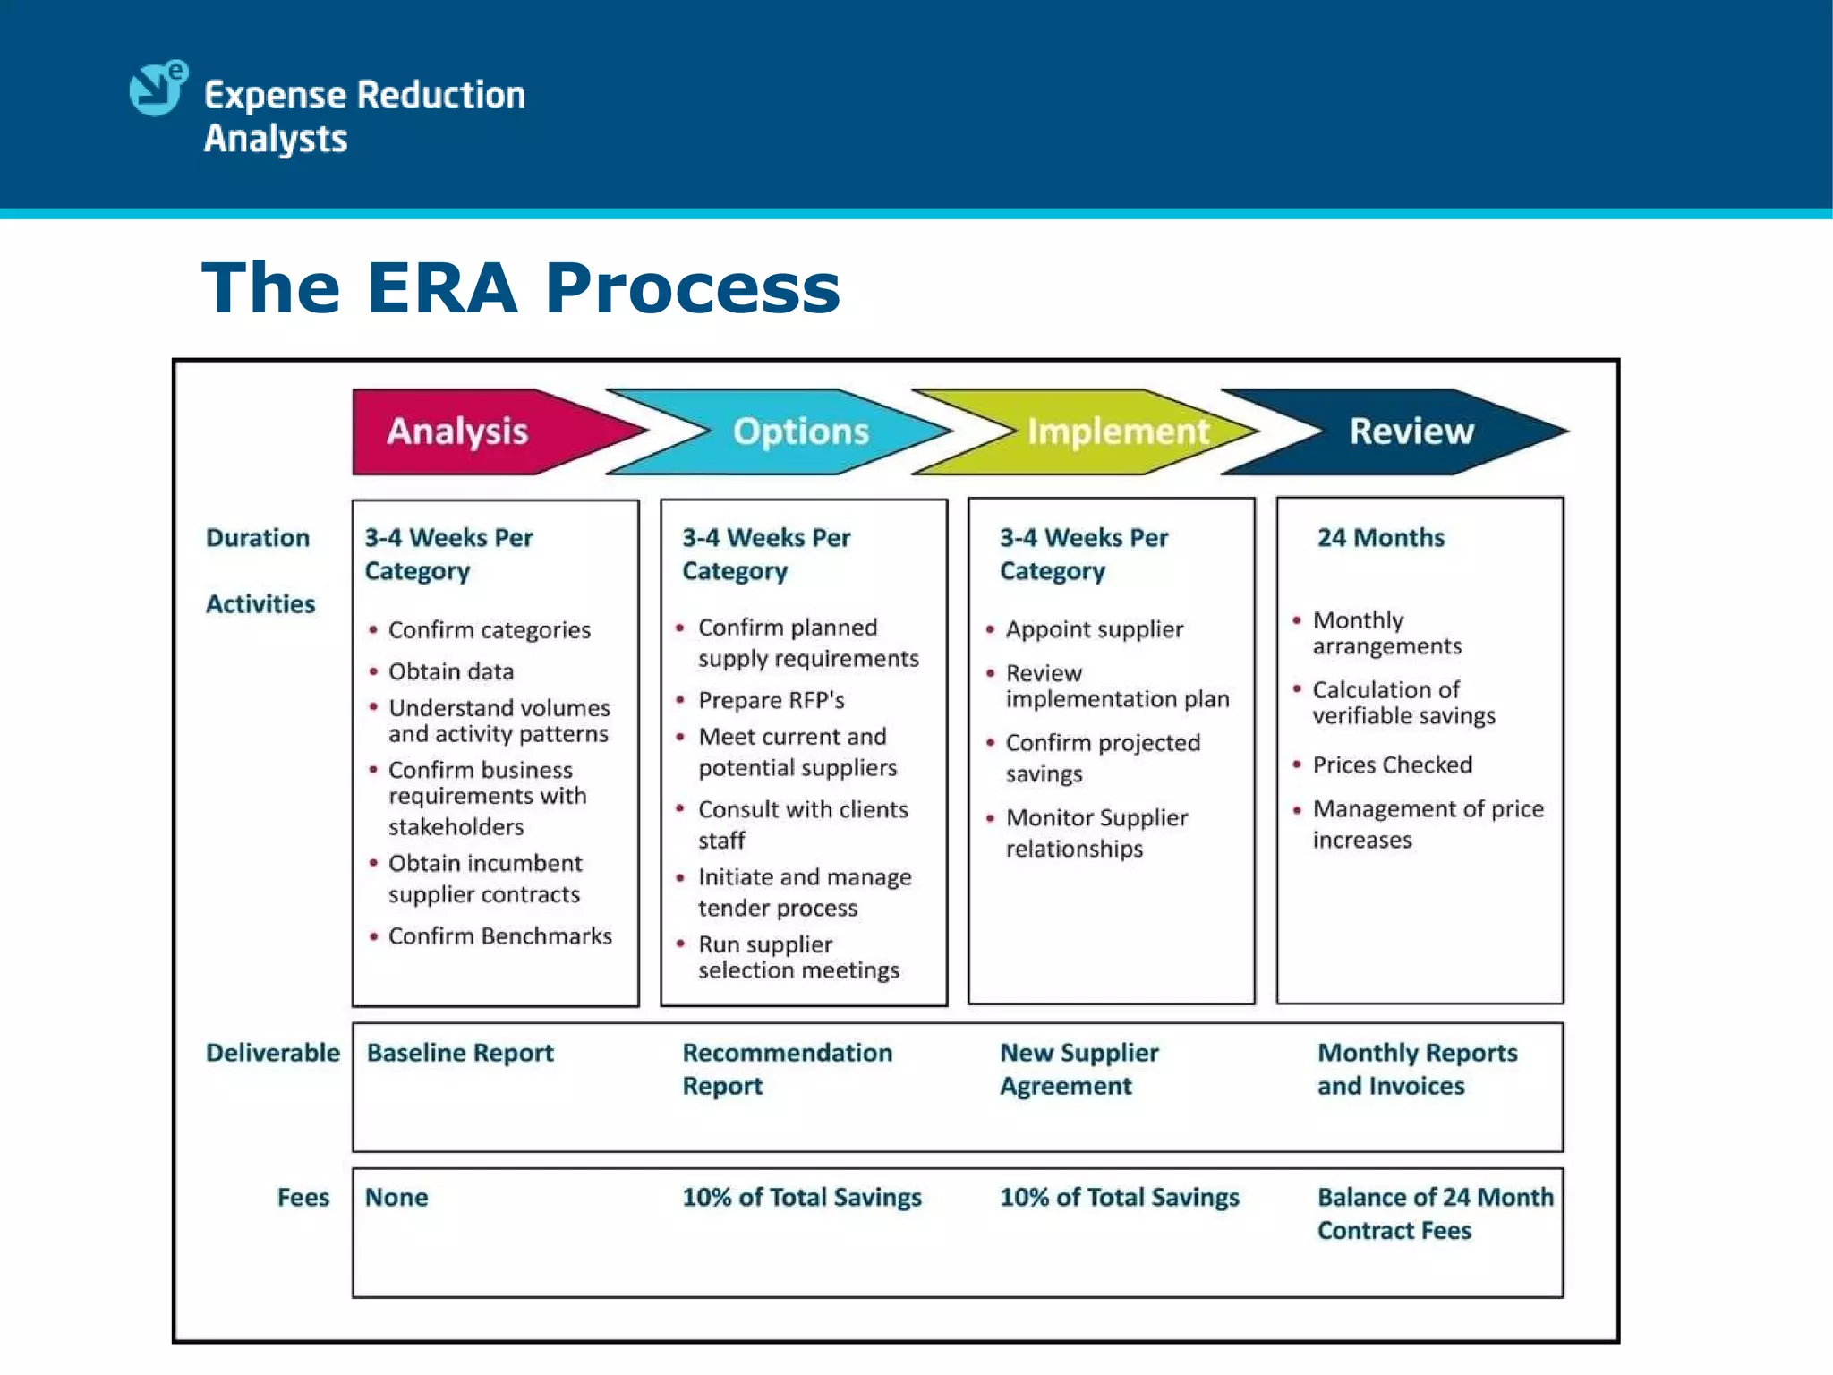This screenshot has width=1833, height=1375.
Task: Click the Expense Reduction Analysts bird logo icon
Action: [x=158, y=89]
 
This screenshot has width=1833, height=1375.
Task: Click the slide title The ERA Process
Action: [x=521, y=288]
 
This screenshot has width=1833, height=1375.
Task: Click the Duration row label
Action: [x=258, y=538]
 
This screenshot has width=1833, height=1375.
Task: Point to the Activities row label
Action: [x=260, y=604]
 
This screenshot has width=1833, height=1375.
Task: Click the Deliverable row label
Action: [x=273, y=1053]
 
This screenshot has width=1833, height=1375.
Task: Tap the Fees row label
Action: [x=303, y=1198]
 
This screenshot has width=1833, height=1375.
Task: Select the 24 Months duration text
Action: [x=1380, y=538]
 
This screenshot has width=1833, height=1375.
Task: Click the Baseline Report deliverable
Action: [x=460, y=1053]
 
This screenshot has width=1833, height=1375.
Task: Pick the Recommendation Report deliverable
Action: [x=786, y=1069]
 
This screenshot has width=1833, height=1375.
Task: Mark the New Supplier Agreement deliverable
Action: [x=1078, y=1069]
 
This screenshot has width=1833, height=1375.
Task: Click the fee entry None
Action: [x=396, y=1198]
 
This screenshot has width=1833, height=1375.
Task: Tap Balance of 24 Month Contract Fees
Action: [x=1434, y=1214]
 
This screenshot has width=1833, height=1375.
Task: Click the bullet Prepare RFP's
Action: [x=771, y=700]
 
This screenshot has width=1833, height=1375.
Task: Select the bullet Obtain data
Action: [x=451, y=671]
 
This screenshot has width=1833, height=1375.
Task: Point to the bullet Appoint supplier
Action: [x=1094, y=629]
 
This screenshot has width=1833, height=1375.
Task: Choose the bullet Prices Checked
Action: [x=1392, y=765]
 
